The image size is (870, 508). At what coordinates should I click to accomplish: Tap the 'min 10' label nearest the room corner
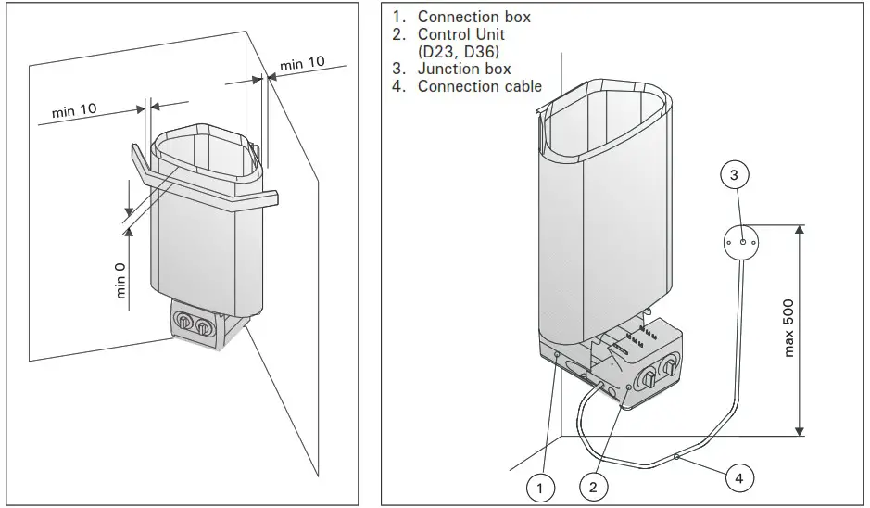click(303, 63)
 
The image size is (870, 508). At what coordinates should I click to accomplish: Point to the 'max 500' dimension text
click(789, 331)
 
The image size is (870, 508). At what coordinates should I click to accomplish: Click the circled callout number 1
click(541, 485)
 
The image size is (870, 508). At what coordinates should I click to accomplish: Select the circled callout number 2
click(594, 485)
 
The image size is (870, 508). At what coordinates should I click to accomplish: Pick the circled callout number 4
click(738, 478)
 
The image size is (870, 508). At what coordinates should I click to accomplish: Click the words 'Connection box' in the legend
click(473, 17)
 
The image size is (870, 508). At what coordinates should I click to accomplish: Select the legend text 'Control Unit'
click(460, 34)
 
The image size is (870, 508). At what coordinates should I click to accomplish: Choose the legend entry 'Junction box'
click(463, 69)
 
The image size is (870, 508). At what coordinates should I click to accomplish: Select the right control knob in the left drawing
click(203, 326)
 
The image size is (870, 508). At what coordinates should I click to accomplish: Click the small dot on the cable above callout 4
click(678, 456)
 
